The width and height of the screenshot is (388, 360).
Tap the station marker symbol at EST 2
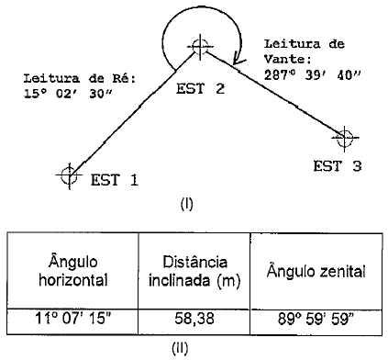(x=201, y=45)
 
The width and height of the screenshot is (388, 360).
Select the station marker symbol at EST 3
(x=346, y=139)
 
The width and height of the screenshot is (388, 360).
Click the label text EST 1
(x=114, y=180)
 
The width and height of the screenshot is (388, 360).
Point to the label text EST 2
(x=201, y=89)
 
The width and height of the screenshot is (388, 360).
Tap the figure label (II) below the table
(x=190, y=349)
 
